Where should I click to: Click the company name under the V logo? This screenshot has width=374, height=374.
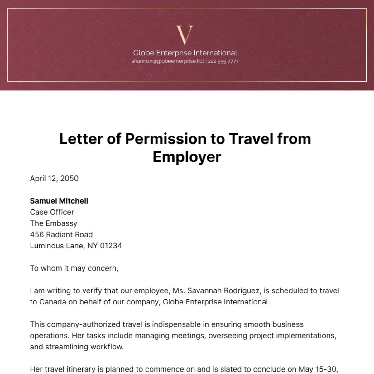185,53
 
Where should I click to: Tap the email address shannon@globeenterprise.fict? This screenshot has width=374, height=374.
167,61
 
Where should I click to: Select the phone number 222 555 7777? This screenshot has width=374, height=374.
223,61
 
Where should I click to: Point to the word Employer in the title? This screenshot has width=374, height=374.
187,156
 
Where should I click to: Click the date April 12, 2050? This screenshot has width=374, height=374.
54,178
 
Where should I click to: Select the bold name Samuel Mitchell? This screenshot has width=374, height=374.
59,201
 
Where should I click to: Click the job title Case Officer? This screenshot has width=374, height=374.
52,212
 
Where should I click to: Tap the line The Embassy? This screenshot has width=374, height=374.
54,223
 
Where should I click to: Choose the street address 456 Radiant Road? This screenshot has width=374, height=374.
61,234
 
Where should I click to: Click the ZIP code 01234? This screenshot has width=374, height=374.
111,246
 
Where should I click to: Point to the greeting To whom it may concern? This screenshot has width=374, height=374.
74,268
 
